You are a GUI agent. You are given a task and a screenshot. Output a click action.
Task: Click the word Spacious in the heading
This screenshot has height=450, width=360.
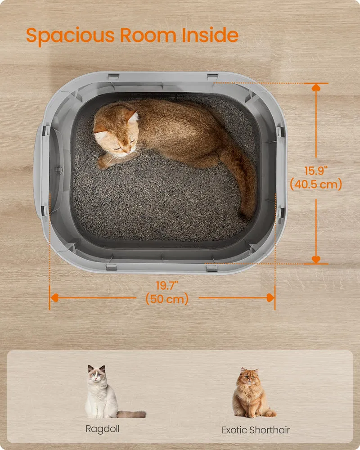pos(70,36)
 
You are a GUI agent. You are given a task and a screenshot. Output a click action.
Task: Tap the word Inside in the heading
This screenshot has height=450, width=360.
pos(210,35)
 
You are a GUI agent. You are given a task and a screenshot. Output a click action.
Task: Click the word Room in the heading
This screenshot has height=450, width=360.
pos(148,35)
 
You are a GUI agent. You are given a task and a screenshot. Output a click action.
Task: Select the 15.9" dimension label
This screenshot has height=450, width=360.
pos(316,171)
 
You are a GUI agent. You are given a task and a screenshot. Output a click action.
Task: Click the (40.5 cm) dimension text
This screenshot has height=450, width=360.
pos(316,184)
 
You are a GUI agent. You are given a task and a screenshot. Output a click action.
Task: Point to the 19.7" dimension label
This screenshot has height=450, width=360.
pos(167,286)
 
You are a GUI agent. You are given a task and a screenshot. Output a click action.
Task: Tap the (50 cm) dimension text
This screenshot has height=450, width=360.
pos(167,299)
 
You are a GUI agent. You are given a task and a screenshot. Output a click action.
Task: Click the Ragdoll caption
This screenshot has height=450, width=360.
pos(103,429)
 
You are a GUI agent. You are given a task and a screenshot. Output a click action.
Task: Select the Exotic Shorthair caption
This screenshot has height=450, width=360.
pos(256,430)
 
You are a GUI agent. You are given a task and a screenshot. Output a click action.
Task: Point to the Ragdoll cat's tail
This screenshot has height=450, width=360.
pos(131,414)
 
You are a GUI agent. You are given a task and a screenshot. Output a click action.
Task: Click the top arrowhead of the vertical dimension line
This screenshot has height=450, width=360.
pos(316,88)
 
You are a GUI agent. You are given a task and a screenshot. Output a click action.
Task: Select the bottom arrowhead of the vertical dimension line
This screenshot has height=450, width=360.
pos(316,260)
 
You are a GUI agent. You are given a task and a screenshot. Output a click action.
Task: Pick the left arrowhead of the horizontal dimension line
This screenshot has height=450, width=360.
pos(54,297)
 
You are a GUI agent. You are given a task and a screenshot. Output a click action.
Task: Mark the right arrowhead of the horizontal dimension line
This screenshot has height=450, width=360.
pos(270,297)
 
